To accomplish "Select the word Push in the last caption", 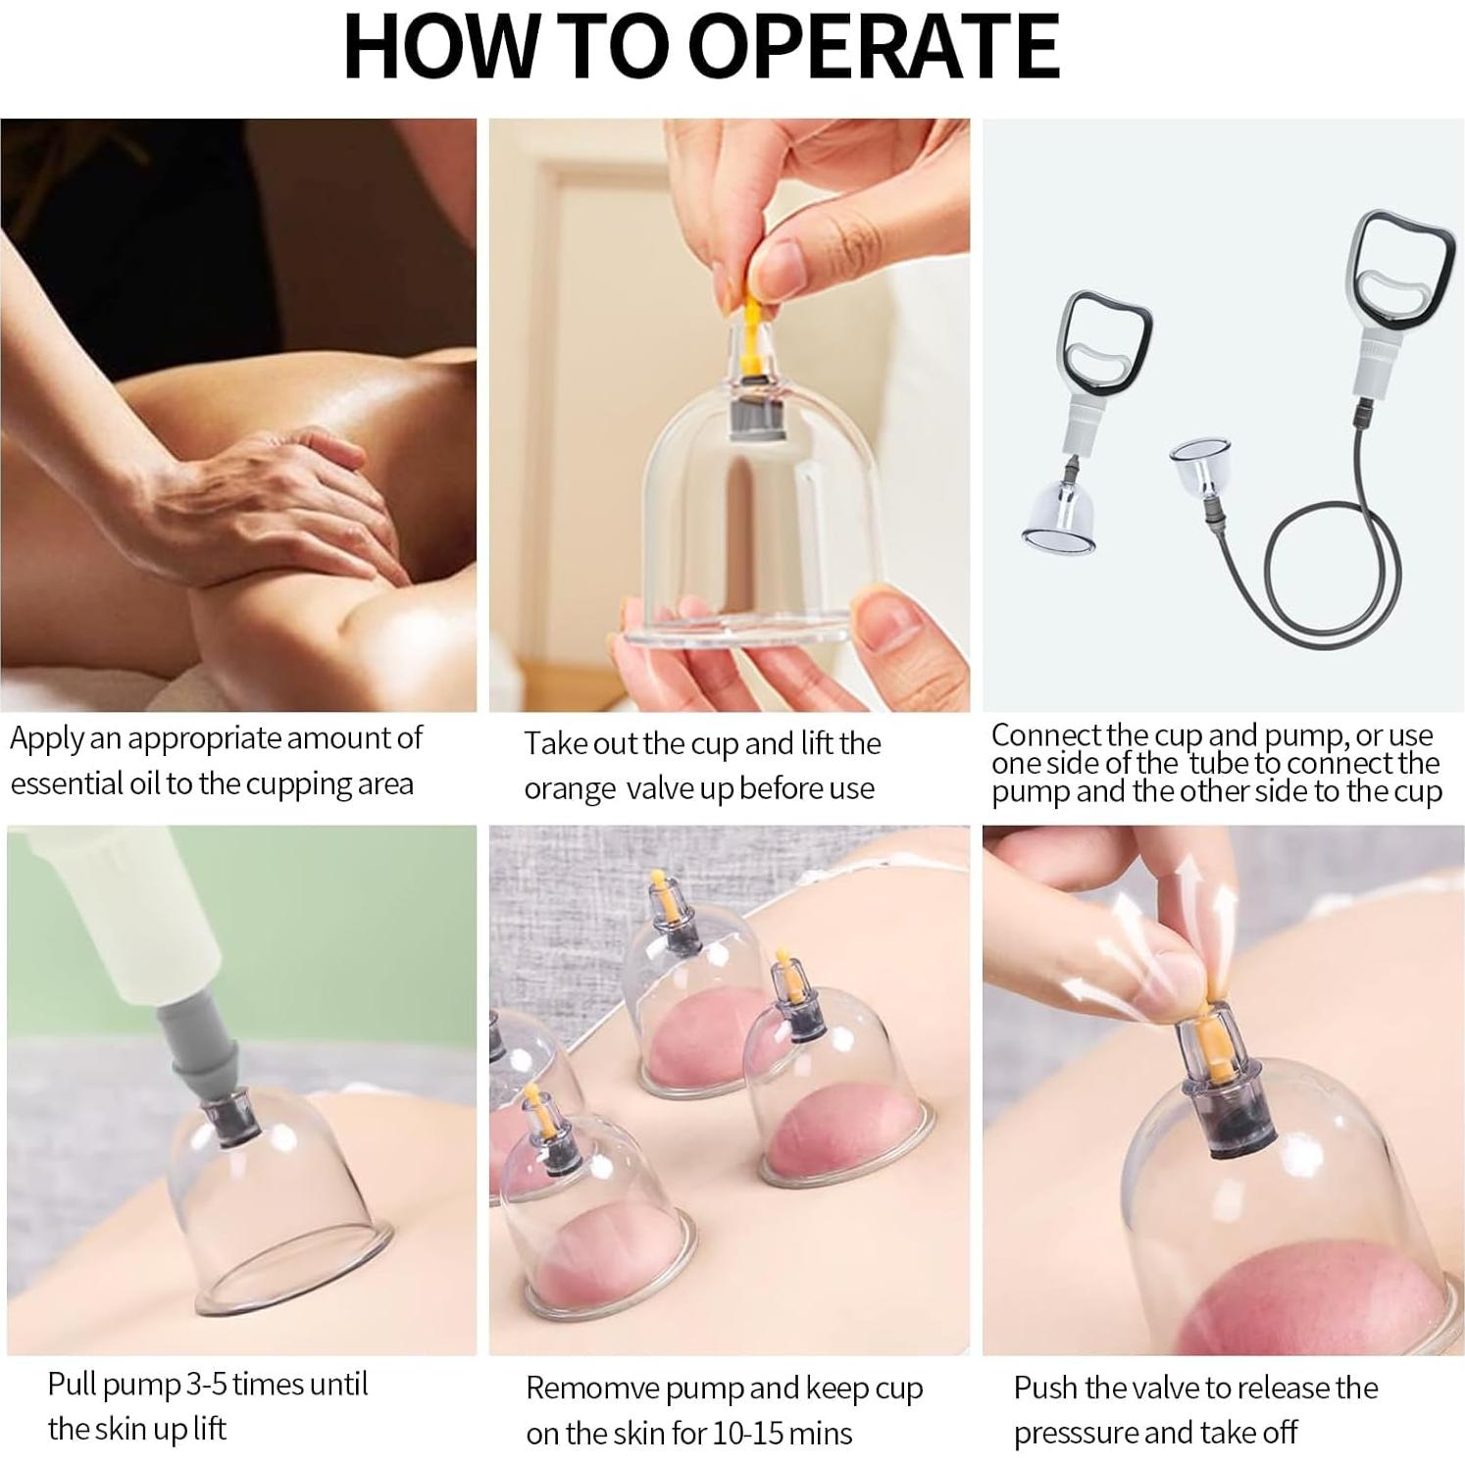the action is tap(1046, 1389).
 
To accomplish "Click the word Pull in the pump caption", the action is tap(73, 1385).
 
